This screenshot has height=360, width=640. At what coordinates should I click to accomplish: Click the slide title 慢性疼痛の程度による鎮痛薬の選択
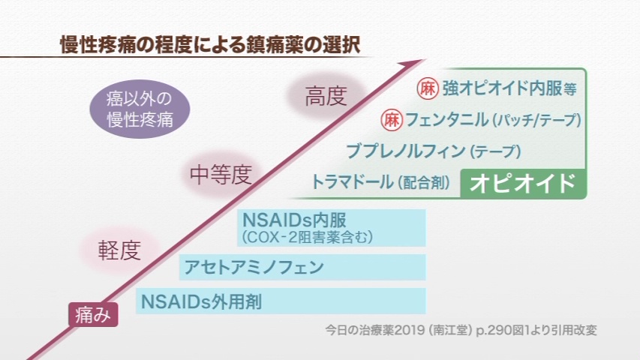point(210,45)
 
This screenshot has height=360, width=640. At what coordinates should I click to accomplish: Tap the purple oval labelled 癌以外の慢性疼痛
point(140,109)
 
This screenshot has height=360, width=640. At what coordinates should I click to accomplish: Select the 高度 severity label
point(326,97)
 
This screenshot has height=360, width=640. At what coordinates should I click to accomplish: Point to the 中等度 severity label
point(221,175)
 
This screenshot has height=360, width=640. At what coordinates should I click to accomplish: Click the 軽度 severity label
point(119,250)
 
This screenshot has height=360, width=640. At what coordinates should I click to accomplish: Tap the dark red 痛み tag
point(93,315)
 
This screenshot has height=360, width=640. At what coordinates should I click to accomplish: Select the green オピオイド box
point(523,183)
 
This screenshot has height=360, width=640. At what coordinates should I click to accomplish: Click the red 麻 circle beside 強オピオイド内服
point(428,88)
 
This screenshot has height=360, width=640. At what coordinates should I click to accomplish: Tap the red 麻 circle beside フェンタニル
point(392,120)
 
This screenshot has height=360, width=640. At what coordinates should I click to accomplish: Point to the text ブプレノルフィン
point(406,151)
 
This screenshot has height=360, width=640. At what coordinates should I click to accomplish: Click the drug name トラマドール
point(352,181)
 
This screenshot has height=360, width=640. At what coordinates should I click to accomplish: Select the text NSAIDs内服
point(294,220)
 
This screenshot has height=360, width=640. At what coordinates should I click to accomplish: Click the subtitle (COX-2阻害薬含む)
point(307,238)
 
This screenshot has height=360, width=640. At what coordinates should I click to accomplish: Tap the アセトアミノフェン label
point(254,267)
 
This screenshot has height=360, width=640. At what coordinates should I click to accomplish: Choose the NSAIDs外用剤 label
point(201,301)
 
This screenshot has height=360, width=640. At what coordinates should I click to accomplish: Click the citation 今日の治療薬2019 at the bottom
point(374,330)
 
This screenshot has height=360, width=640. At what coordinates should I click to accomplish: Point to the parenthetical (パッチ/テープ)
point(536,121)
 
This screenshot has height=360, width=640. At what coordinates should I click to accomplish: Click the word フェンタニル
point(446,120)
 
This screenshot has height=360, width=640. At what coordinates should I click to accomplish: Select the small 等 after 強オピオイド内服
point(570,89)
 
